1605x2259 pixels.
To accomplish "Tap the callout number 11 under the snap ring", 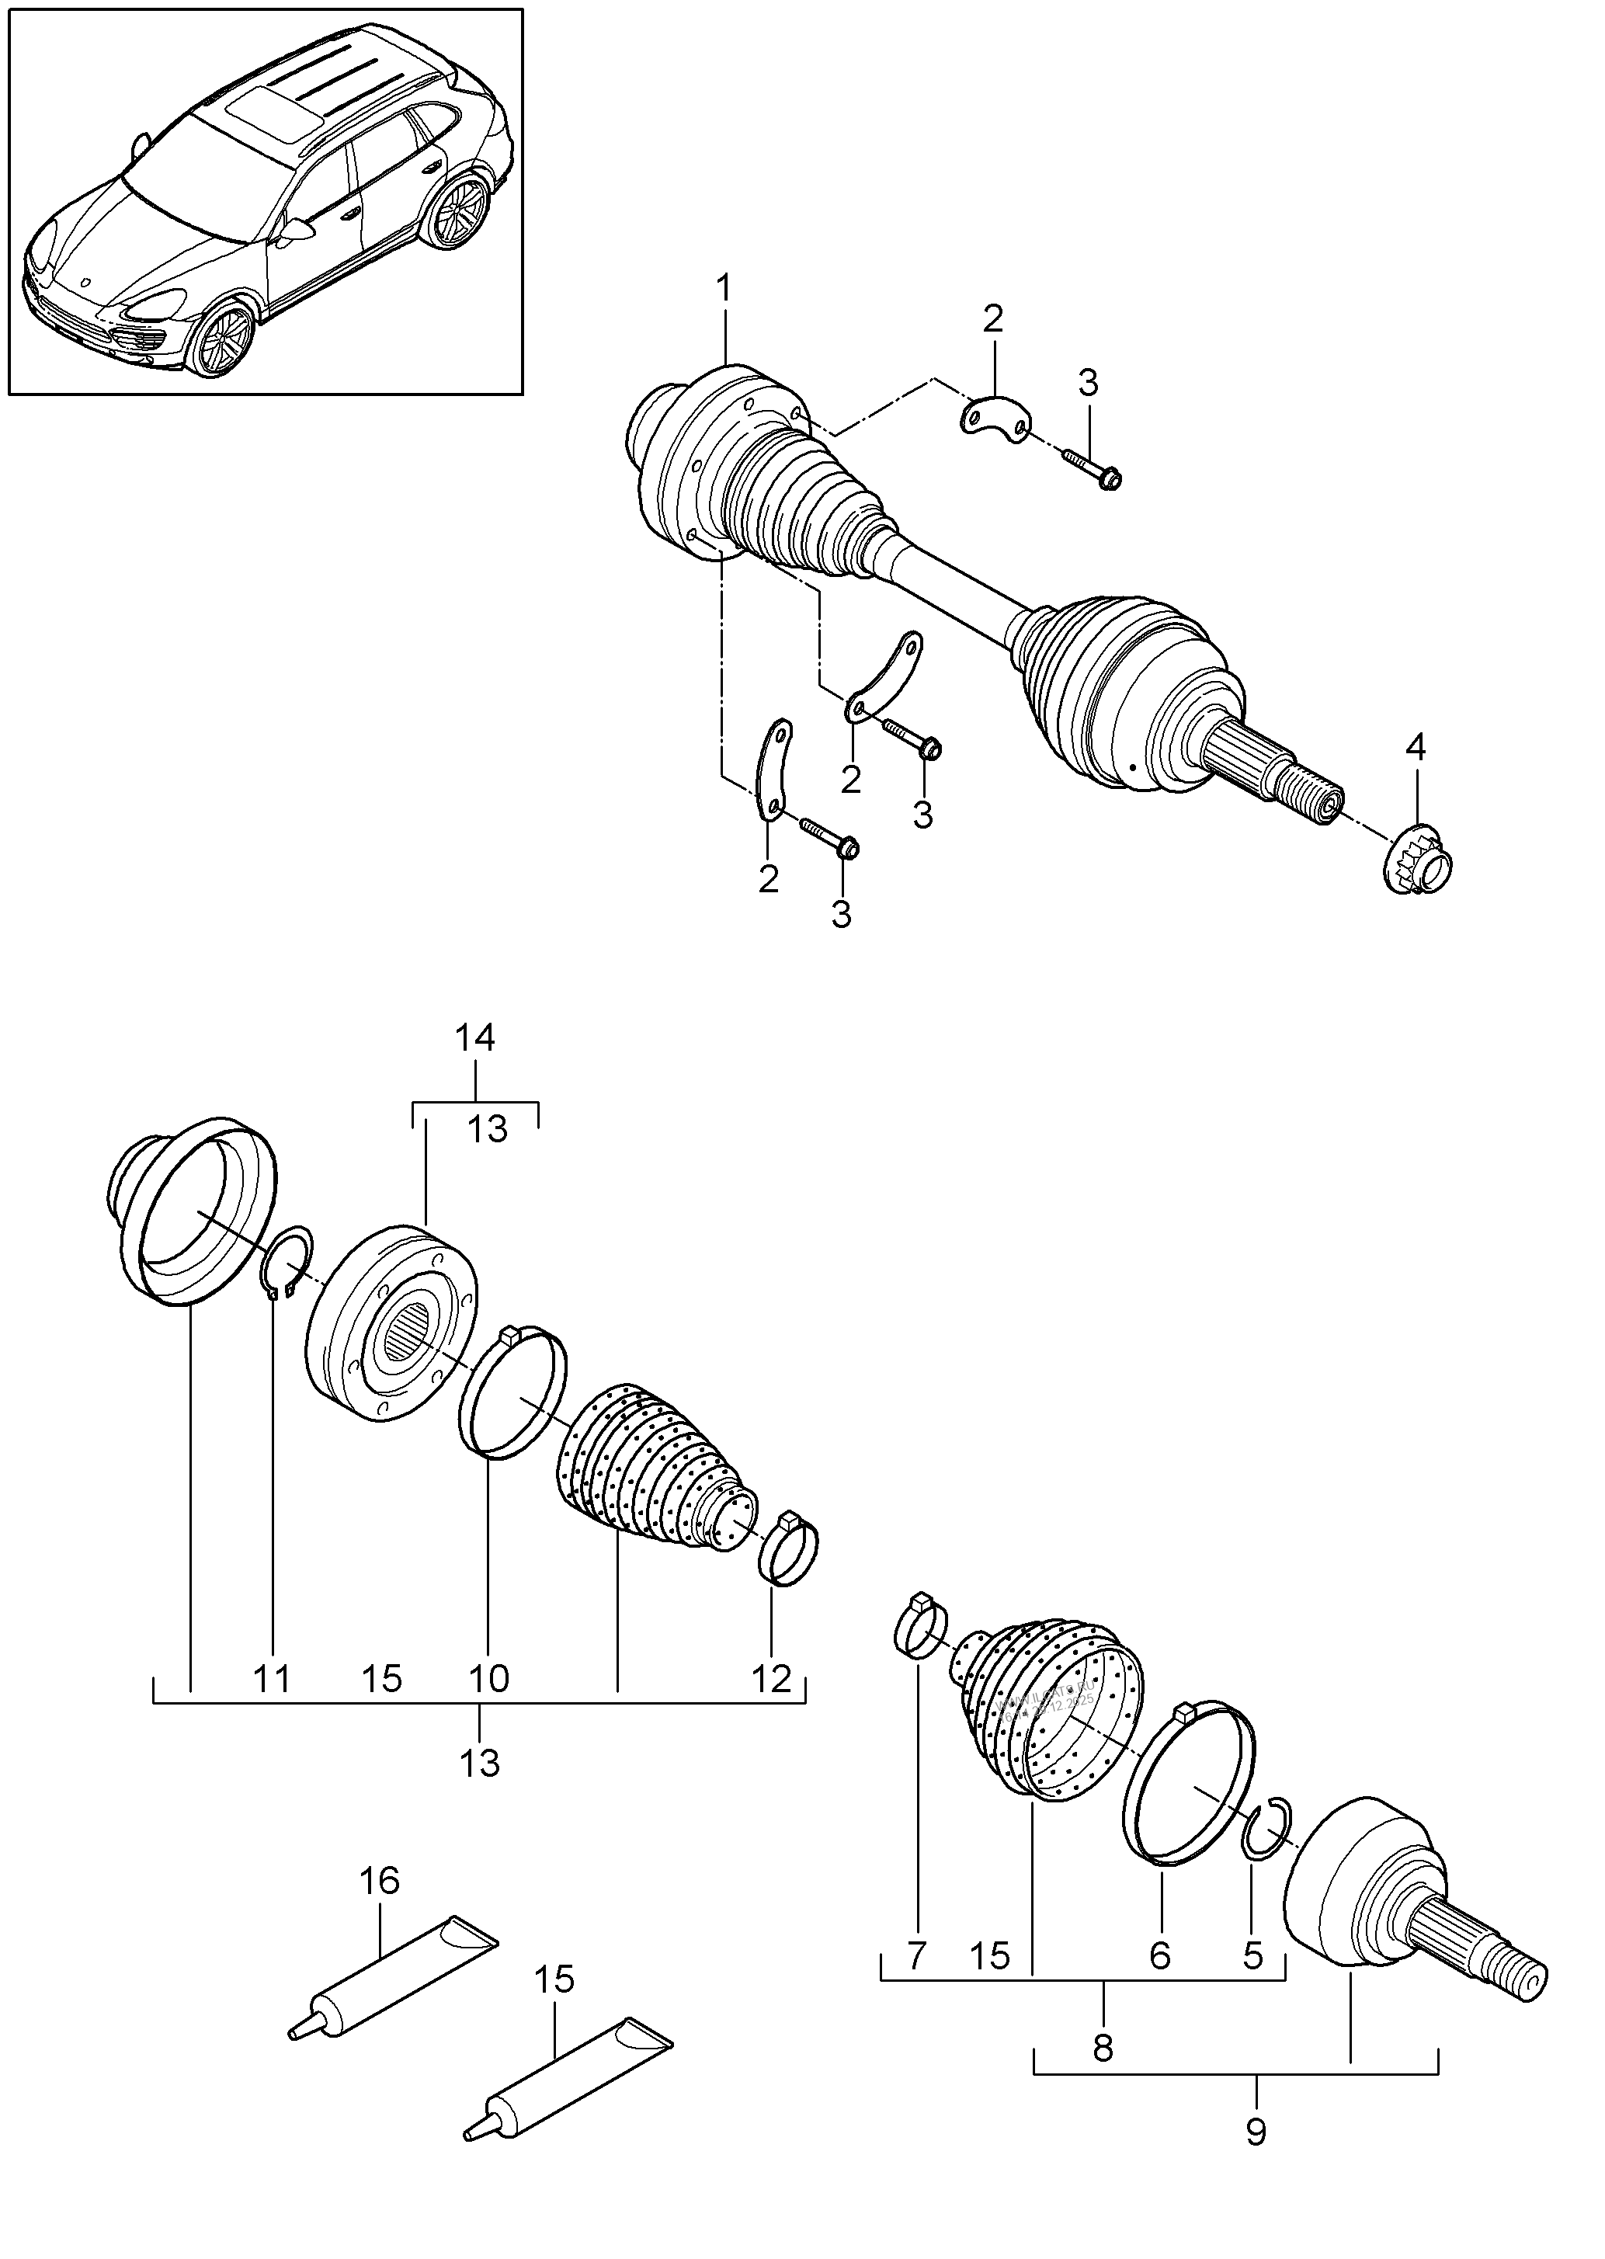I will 272,1678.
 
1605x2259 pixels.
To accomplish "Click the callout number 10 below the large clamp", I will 488,1678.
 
